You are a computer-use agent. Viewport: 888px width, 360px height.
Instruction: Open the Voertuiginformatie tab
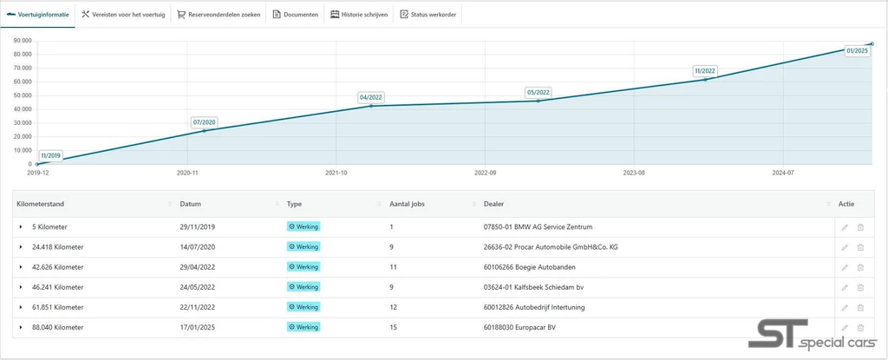[37, 15]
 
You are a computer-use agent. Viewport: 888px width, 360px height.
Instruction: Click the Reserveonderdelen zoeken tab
[219, 15]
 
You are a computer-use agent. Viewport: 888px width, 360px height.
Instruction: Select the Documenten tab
[296, 15]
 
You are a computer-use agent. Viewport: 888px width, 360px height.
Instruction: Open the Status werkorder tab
[428, 15]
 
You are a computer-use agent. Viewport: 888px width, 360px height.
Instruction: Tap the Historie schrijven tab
[359, 15]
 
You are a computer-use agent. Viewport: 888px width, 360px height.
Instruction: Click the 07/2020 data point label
[205, 122]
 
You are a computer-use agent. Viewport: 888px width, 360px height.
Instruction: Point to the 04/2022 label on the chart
[371, 97]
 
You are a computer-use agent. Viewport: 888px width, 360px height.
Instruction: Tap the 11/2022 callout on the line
[705, 71]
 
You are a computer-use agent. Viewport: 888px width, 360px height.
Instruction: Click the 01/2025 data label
[857, 50]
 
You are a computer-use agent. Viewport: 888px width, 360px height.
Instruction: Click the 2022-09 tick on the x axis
[485, 172]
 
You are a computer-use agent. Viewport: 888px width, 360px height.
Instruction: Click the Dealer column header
[493, 204]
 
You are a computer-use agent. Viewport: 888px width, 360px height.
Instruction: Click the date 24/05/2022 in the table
[197, 287]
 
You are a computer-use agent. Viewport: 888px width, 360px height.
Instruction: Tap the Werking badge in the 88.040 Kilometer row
[304, 327]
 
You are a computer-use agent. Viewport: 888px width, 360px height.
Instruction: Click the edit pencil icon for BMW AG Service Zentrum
[845, 227]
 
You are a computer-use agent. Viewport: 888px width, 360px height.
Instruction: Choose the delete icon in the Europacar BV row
[860, 328]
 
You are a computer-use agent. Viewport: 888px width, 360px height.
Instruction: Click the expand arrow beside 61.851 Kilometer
[21, 307]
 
